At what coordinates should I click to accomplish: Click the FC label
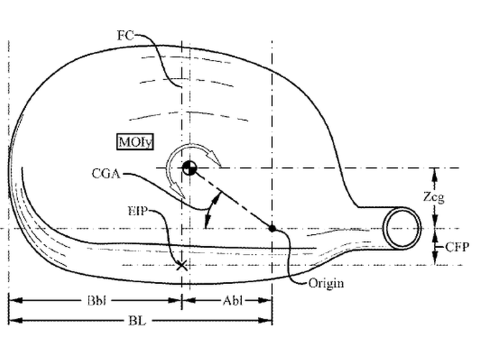coord(125,35)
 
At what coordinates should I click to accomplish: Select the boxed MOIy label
coord(135,142)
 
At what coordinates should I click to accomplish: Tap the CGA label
coord(106,173)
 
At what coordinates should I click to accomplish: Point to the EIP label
coord(137,211)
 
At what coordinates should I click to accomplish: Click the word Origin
coord(326,283)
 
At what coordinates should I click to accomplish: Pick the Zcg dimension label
coord(433,197)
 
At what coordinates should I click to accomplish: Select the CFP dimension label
coord(457,247)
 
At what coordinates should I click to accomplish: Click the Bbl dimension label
coord(97,301)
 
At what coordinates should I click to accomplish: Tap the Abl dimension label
coord(233,301)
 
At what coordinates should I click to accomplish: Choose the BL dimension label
coord(137,321)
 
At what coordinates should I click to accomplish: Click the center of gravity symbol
coord(189,168)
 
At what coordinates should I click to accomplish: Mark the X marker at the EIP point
coord(182,265)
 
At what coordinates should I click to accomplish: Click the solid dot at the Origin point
coord(272,229)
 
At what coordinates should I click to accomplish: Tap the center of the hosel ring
coord(402,229)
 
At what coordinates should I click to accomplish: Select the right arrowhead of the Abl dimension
coord(265,301)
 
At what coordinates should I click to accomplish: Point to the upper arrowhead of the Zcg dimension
coord(435,175)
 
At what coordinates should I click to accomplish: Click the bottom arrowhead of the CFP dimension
coord(435,258)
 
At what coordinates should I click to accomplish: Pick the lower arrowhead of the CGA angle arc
coord(207,221)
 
